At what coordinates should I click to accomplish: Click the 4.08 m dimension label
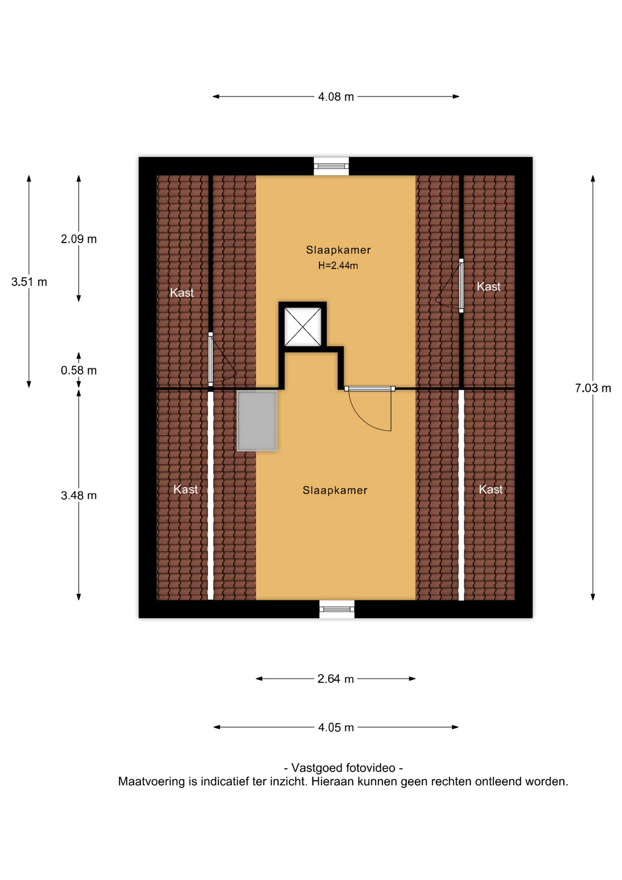[x=336, y=97]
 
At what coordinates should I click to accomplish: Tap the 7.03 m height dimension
[x=593, y=388]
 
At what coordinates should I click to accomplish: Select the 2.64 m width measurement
[x=335, y=679]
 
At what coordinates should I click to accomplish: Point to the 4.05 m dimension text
[x=336, y=727]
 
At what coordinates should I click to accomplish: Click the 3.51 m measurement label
[x=29, y=282]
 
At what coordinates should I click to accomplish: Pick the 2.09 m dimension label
[x=79, y=239]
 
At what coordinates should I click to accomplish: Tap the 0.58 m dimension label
[x=79, y=370]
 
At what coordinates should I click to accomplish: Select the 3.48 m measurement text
[x=79, y=495]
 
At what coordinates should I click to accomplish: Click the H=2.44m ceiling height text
[x=338, y=265]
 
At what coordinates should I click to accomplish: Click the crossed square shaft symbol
[x=303, y=327]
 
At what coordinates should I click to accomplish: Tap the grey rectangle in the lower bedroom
[x=257, y=421]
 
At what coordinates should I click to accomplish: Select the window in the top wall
[x=331, y=166]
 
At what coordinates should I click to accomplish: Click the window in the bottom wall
[x=337, y=609]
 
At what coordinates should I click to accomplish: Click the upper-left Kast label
[x=182, y=293]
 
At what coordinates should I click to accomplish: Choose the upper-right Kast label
[x=489, y=287]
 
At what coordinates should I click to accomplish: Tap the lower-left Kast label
[x=186, y=489]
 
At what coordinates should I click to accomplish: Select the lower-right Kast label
[x=491, y=489]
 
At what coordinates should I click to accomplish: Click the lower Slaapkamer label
[x=335, y=490]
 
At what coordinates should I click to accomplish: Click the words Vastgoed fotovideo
[x=343, y=768]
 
